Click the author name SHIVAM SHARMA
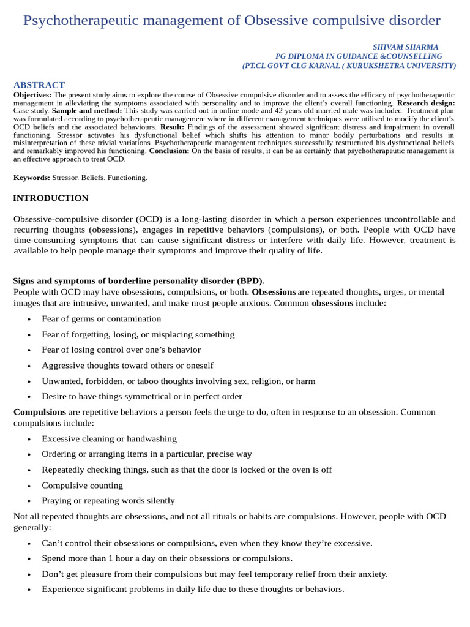pos(405,47)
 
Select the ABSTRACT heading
pos(39,85)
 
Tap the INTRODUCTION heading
pos(51,198)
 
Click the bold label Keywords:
pos(32,178)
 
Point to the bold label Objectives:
pos(33,96)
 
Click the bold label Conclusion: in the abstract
pos(169,151)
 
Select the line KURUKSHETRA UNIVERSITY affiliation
pos(349,66)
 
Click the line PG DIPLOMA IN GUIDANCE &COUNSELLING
pos(359,56)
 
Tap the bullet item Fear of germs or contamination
pos(102,319)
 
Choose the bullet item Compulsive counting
pos(82,486)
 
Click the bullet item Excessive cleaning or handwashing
pos(109,439)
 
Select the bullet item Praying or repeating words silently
pos(108,501)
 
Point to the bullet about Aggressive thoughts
pos(127,366)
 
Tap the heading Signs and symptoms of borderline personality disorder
pos(138,281)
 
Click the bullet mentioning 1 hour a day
pos(167,558)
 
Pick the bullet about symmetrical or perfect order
pos(142,397)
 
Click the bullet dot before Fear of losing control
pos(29,350)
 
